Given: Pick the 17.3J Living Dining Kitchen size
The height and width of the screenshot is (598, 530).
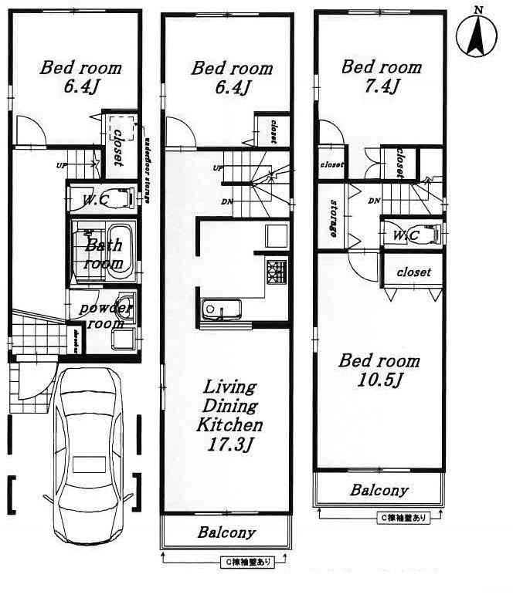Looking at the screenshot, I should click(229, 444).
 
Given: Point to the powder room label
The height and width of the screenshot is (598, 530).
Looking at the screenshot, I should click(107, 315).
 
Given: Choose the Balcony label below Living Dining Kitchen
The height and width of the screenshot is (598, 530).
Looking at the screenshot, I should click(226, 532).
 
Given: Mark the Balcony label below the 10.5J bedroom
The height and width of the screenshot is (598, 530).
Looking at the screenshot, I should click(379, 490).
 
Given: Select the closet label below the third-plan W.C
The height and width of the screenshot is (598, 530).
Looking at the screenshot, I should click(413, 273).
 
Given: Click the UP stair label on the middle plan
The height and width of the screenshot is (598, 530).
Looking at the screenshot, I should click(218, 168).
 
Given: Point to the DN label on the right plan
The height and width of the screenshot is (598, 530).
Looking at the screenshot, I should click(374, 201).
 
